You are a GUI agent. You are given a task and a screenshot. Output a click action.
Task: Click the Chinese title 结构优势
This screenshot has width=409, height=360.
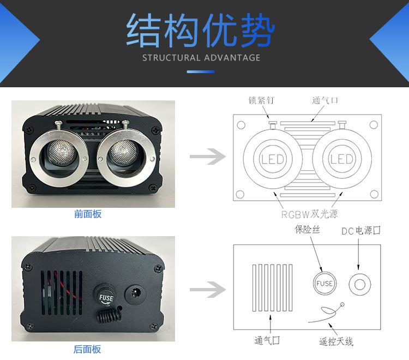pyautogui.click(x=200, y=31)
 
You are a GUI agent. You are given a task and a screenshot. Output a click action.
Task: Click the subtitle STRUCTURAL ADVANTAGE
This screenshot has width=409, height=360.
pyautogui.click(x=201, y=58)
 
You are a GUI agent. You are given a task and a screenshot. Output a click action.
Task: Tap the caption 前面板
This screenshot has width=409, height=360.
pyautogui.click(x=88, y=214)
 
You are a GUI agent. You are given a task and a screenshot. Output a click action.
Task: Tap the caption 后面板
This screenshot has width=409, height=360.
pyautogui.click(x=88, y=350)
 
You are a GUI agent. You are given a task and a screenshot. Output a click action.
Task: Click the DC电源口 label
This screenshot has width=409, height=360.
pyautogui.click(x=361, y=231)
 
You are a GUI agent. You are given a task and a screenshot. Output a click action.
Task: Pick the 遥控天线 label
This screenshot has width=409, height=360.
pyautogui.click(x=336, y=342)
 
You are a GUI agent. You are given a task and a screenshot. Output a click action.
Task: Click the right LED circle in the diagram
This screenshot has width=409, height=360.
pyautogui.click(x=342, y=159)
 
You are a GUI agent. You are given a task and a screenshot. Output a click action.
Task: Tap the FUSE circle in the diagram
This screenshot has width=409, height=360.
pyautogui.click(x=324, y=284)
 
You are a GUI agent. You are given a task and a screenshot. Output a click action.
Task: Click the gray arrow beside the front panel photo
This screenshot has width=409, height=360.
pyautogui.click(x=207, y=158)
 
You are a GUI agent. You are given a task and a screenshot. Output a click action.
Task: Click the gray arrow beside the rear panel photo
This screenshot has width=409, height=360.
pyautogui.click(x=207, y=290)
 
